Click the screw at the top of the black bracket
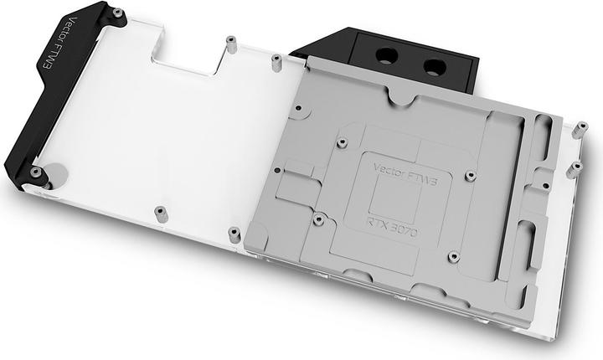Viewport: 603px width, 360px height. [x=117, y=13]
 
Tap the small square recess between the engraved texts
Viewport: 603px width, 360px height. [x=388, y=195]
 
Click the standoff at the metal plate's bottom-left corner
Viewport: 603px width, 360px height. [x=234, y=233]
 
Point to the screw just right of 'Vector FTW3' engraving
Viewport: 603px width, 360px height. [x=470, y=177]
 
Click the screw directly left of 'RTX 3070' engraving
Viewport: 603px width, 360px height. [x=318, y=219]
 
